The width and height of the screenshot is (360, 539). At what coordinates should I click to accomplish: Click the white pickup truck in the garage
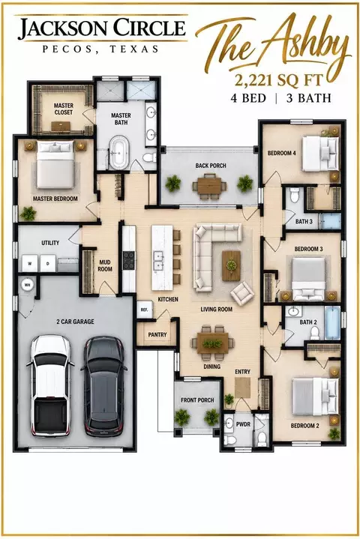52,385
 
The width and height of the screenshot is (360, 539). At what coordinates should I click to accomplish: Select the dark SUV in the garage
104,386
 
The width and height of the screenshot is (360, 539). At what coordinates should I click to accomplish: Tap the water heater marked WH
27,284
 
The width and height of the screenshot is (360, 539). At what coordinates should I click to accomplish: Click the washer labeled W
30,264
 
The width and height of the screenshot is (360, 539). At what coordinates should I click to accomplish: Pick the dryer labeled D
48,264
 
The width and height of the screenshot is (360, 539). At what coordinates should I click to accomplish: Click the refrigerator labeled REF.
145,310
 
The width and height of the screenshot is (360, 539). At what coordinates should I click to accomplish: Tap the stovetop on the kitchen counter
129,260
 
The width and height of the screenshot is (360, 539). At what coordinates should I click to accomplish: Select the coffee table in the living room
232,265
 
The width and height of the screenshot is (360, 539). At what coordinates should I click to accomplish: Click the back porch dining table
209,186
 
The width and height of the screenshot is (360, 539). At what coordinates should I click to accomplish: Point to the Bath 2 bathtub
332,323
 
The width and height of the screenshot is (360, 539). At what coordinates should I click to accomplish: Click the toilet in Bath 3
294,195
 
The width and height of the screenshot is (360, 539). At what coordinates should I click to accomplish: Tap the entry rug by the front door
243,388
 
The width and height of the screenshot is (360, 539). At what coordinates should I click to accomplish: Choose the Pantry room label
157,334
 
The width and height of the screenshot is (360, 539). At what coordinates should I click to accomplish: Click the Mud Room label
105,265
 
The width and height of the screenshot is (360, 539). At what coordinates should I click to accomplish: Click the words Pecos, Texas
100,49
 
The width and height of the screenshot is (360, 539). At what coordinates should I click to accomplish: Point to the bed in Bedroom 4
320,154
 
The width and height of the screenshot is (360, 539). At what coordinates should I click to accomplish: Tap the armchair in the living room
242,292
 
